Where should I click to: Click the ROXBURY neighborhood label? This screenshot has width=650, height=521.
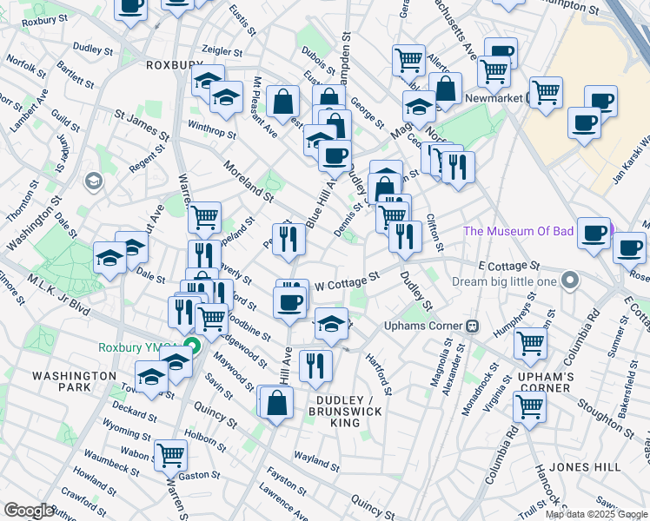pos(174,64)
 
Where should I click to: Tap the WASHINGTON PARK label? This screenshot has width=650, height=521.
pos(74,382)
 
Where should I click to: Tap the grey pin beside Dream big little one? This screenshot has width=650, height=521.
pos(570,280)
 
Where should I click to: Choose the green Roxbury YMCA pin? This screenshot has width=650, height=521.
pos(191,347)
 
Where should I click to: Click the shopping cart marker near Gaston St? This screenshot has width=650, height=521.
pos(169,452)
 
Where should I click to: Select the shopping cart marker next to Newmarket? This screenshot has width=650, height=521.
pos(546,90)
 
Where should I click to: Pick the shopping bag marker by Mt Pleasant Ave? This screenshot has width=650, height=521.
pos(283,101)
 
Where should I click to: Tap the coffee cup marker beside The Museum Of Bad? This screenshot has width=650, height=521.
pos(594,233)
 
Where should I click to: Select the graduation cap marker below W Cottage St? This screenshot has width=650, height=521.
pos(330,323)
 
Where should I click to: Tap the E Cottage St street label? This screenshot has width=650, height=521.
pos(508,265)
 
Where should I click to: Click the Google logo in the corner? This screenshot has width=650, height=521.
pos(28,511)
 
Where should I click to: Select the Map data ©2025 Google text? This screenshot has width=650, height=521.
pos(595,514)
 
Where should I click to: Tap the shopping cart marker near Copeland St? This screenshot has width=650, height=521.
pos(204,216)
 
